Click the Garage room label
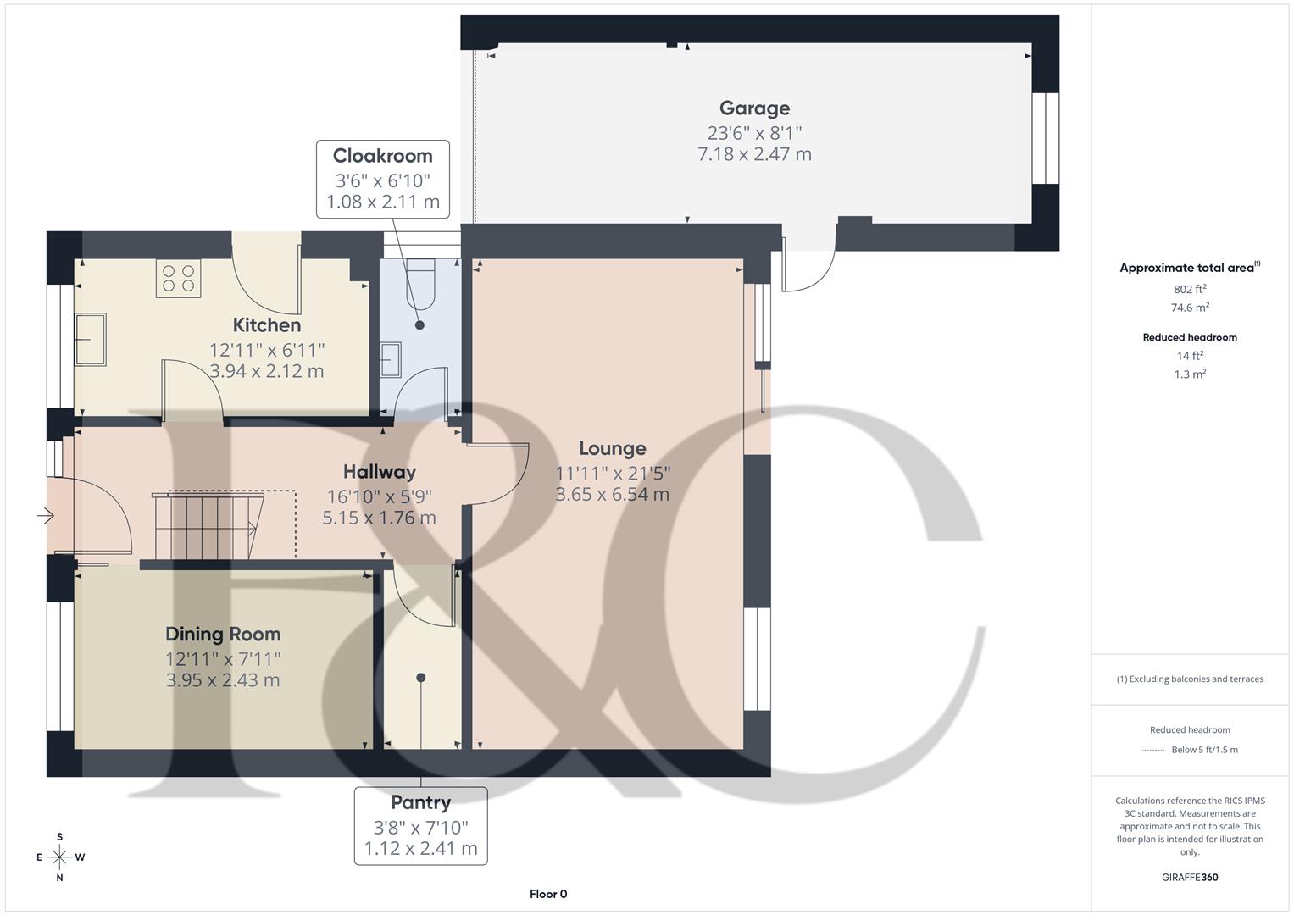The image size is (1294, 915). (x=754, y=108)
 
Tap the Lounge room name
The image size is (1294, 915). (x=612, y=449)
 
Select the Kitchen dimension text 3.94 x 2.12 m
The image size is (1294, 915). (x=267, y=371)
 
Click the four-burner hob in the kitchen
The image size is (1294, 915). (x=178, y=279)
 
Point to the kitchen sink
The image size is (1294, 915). (x=90, y=339)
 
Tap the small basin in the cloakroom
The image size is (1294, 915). (x=390, y=359)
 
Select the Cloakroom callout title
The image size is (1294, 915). (x=382, y=156)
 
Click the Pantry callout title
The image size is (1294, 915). (x=420, y=802)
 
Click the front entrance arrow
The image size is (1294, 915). (x=46, y=515)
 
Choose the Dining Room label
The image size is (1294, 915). (x=223, y=635)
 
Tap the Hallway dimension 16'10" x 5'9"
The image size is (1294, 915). (x=380, y=496)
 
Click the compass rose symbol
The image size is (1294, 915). (x=59, y=857)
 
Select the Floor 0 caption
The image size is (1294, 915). (x=548, y=894)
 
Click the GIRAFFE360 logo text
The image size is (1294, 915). (x=1190, y=877)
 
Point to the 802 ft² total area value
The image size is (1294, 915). (x=1190, y=290)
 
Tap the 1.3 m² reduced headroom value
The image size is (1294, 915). (x=1190, y=374)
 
